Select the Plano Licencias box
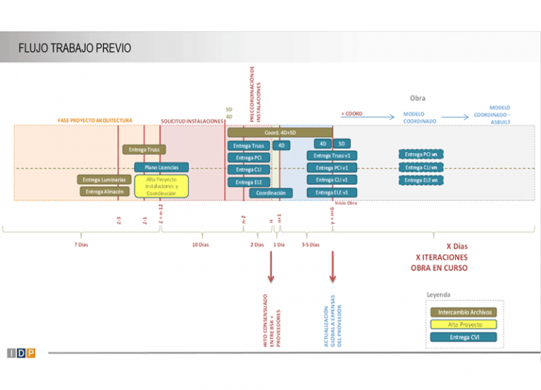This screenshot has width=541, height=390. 161,167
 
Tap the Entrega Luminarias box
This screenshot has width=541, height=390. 104,180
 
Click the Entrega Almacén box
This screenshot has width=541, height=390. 104,192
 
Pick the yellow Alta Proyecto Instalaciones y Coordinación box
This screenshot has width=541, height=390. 161,186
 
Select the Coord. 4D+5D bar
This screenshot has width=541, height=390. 280,132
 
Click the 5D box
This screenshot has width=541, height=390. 341,144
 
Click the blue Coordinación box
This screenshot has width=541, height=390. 271,193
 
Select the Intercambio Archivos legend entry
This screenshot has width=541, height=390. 462,312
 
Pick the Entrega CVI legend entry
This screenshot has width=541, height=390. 462,337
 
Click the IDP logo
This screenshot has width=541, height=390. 21,353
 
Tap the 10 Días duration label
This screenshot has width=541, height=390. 200,245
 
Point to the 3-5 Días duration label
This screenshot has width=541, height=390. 310,245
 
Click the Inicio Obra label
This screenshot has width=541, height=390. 345,202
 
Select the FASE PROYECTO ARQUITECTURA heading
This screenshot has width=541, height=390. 94,121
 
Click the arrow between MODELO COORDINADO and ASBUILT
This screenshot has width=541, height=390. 454,118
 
